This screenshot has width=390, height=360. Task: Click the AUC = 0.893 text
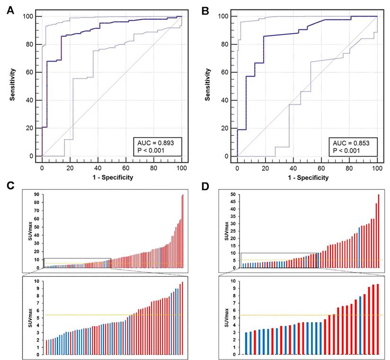157,142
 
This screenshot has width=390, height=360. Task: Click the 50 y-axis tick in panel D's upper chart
233,194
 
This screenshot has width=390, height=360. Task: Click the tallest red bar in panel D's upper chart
379,231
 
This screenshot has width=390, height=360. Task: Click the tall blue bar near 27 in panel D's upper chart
360,247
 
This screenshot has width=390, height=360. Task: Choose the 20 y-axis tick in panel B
228,128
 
